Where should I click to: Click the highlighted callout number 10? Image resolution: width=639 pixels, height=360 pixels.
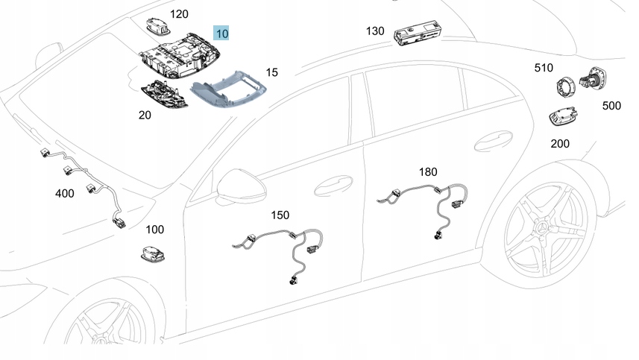222,33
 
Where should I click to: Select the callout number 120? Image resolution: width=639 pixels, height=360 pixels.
180,14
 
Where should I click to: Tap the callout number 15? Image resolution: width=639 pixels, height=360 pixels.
272,72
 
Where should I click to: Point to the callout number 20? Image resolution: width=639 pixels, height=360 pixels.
145,115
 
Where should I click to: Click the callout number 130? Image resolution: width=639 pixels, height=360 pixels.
375,31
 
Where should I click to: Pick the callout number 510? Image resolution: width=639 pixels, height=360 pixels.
544,68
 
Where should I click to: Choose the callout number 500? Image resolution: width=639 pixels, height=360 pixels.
611,106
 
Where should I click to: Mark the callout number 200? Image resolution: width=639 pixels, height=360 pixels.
560,142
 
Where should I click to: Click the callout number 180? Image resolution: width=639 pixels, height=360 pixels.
428,172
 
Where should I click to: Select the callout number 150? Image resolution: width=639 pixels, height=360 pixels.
280,215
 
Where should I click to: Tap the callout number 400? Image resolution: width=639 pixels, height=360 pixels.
65,193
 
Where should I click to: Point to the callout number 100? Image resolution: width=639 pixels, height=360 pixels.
154,230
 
